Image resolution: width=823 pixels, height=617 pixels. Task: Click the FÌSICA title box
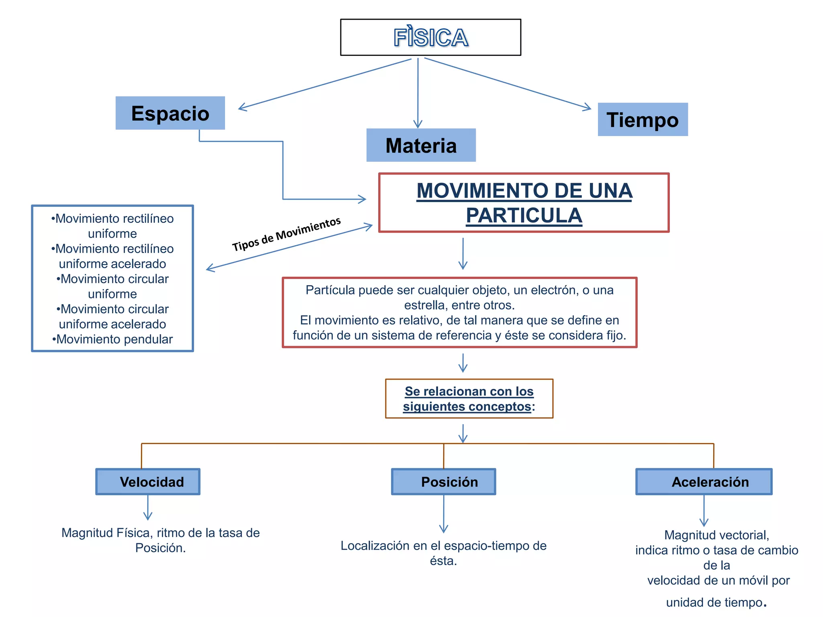(x=430, y=37)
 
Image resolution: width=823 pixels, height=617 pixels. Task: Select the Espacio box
(x=170, y=113)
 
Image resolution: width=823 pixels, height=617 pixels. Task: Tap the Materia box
(x=421, y=145)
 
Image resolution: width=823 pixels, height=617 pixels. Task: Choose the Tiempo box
(x=643, y=120)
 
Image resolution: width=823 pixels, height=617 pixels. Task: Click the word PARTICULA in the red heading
(x=524, y=216)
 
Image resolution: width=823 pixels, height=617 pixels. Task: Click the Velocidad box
(x=148, y=482)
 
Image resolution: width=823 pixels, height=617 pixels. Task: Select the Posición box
(x=444, y=482)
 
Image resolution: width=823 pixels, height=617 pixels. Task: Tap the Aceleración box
(x=704, y=482)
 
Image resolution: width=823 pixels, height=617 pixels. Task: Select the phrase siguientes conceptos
(x=467, y=407)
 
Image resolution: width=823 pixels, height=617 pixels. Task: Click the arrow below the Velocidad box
(x=148, y=508)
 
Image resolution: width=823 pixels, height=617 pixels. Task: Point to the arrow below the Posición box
(x=444, y=514)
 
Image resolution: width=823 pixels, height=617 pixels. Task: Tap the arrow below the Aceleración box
(x=704, y=511)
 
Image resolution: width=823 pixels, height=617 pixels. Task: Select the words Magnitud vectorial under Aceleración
(x=717, y=535)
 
